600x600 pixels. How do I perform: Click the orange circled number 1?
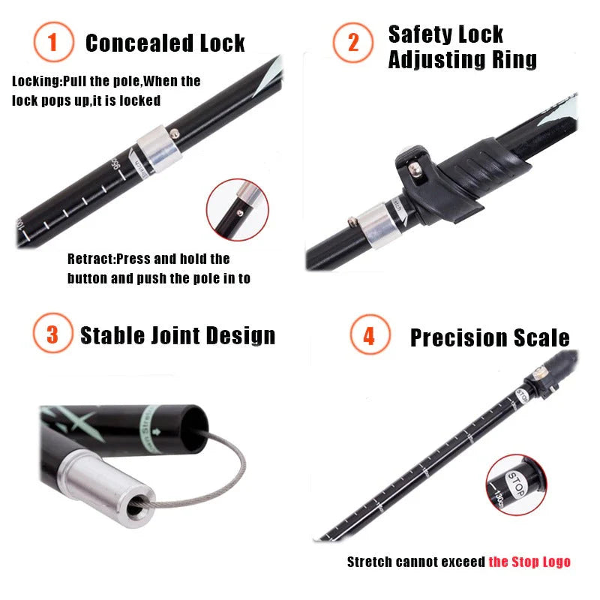pos(52,43)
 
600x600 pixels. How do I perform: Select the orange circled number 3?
pos(52,334)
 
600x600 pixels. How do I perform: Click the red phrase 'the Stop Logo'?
pos(529,562)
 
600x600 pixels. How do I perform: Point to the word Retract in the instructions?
pos(88,259)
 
